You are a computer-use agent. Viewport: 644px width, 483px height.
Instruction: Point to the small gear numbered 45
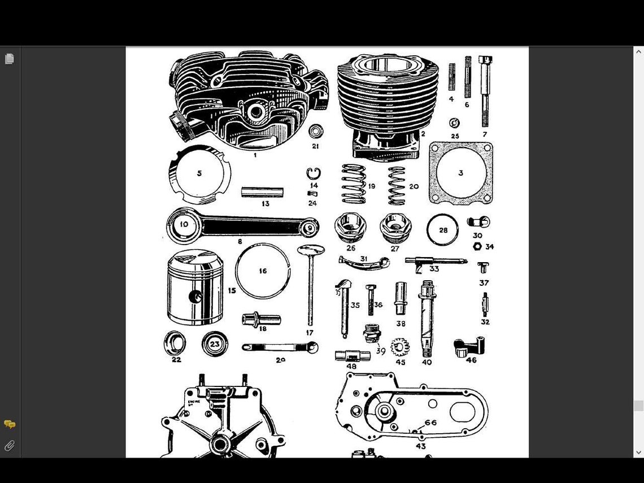[400, 346]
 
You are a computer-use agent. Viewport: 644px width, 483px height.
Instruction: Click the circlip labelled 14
[314, 173]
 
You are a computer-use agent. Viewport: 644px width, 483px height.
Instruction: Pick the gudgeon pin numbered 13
[262, 192]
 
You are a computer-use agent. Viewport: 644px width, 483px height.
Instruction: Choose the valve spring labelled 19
[354, 184]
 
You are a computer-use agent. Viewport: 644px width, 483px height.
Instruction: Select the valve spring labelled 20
[397, 185]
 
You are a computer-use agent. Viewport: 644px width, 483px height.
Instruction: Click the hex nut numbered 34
[477, 246]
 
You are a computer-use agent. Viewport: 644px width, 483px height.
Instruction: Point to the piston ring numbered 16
[263, 271]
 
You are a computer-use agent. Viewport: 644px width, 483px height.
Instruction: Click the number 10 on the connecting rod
[184, 224]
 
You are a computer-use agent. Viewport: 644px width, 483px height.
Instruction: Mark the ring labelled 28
[442, 230]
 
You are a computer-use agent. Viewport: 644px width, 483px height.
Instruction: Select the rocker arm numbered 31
[364, 262]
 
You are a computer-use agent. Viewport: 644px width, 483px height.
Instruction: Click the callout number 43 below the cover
[421, 446]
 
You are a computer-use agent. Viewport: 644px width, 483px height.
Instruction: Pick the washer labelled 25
[455, 123]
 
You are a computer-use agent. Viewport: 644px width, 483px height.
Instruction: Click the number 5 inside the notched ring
[199, 173]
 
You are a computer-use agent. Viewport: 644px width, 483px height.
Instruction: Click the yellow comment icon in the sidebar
[10, 424]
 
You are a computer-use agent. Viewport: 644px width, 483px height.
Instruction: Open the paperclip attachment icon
[10, 446]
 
